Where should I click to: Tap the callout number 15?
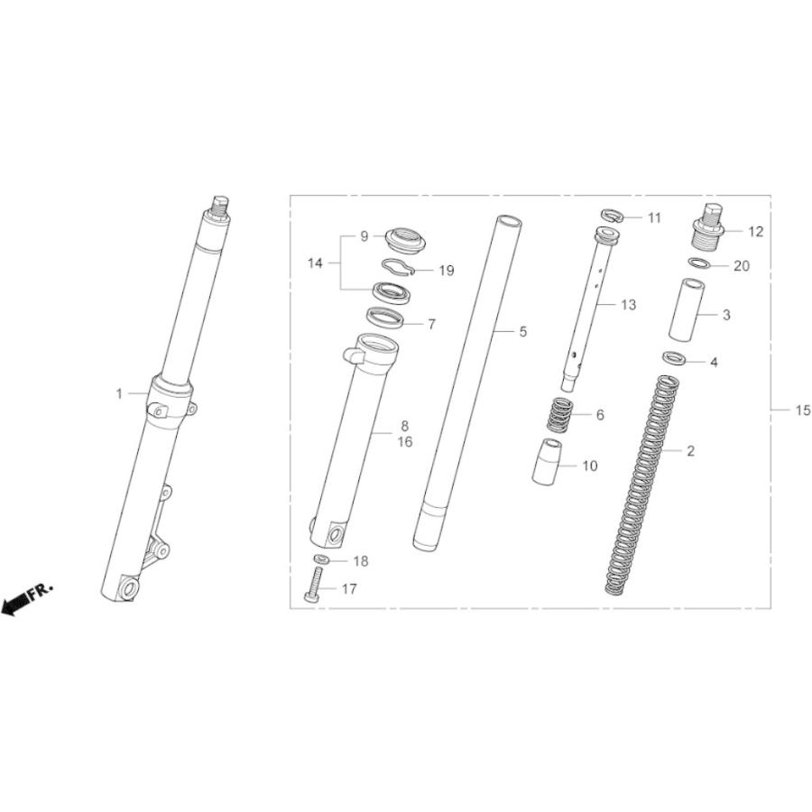pyautogui.click(x=803, y=411)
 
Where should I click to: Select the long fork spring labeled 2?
pyautogui.click(x=642, y=485)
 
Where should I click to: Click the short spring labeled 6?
pyautogui.click(x=559, y=414)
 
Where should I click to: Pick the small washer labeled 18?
pyautogui.click(x=321, y=559)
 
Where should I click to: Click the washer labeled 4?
pyautogui.click(x=674, y=358)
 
